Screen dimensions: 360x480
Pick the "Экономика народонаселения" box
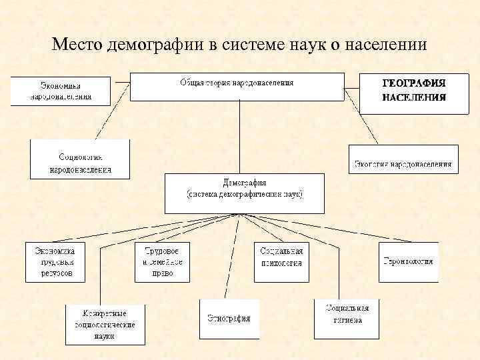[x=59, y=91]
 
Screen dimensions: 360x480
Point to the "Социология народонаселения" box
[x=80, y=160]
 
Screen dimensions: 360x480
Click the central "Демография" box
[x=244, y=192]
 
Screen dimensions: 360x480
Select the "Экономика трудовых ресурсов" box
[x=55, y=261]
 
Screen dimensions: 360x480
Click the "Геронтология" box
[x=408, y=261]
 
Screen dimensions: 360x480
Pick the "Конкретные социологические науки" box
[x=105, y=323]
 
